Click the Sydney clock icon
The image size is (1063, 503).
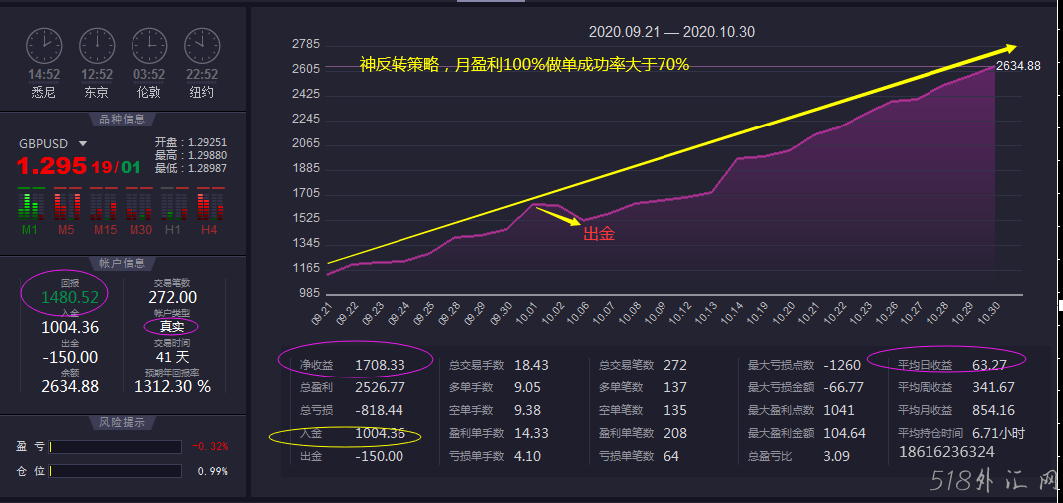click(44, 45)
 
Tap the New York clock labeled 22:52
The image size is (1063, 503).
click(201, 45)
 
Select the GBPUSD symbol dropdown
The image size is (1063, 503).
click(83, 143)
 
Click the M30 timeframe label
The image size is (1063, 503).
click(138, 230)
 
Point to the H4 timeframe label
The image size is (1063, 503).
click(208, 230)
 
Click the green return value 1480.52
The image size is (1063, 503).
click(70, 296)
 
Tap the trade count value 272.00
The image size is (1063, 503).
click(172, 297)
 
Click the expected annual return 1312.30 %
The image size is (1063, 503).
click(173, 386)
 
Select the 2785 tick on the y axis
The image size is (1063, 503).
click(305, 44)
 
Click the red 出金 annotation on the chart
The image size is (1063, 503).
click(598, 234)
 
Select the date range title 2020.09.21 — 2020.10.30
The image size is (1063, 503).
click(671, 32)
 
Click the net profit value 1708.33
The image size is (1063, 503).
click(380, 365)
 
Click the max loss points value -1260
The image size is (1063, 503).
click(841, 365)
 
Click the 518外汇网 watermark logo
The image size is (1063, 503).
click(991, 482)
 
